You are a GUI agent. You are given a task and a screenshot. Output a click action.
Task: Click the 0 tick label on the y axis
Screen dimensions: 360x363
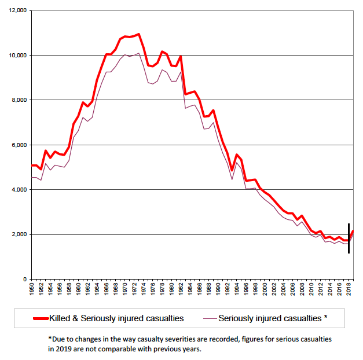coord(25,280)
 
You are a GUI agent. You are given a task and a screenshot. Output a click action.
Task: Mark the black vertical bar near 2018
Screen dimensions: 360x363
coord(349,238)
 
